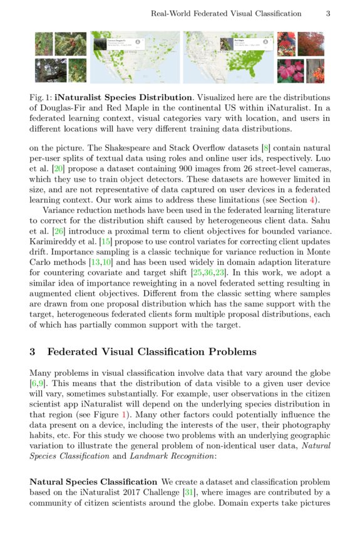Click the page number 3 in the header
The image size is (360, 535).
click(x=328, y=13)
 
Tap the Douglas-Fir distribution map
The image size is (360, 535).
click(x=135, y=58)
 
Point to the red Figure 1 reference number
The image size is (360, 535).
click(x=124, y=415)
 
